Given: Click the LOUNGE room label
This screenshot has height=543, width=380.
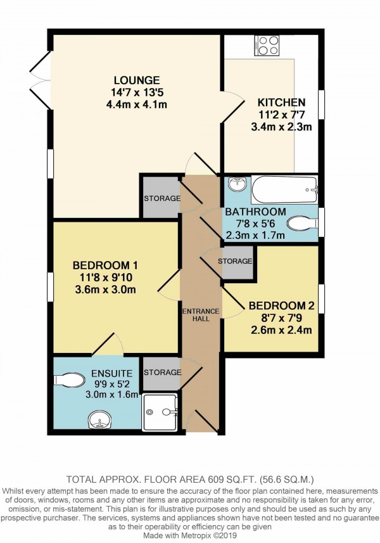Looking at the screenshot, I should [x=136, y=80].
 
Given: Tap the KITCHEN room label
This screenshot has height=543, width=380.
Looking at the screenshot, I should [x=281, y=102].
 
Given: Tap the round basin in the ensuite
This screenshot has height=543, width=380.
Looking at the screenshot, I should [x=98, y=419].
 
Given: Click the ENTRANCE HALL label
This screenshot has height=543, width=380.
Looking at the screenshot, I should [x=201, y=314].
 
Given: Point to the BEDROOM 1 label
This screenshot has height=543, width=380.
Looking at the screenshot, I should [x=105, y=265].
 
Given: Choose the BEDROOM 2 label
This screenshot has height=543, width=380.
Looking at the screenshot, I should [x=281, y=304].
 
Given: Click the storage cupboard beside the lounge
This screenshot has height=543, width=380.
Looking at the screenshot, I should [x=161, y=198].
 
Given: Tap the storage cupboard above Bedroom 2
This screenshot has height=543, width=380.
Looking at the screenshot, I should [x=235, y=261].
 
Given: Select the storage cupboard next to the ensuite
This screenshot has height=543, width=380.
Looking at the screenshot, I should [x=161, y=373].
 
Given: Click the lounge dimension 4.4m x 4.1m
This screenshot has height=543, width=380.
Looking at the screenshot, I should [x=136, y=105].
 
